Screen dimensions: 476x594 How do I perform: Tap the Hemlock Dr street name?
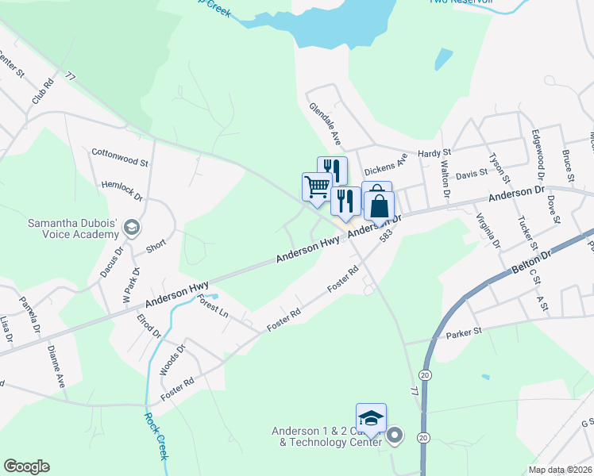121,191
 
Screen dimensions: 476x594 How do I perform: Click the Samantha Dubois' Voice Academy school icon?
131,228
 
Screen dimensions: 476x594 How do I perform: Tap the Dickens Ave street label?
385,165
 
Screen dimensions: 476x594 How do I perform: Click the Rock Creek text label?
156,436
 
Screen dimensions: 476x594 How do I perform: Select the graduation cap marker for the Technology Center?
372,419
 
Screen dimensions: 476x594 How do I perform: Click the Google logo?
26,466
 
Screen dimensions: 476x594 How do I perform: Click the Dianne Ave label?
56,365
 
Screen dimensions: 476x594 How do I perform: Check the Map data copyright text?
559,470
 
